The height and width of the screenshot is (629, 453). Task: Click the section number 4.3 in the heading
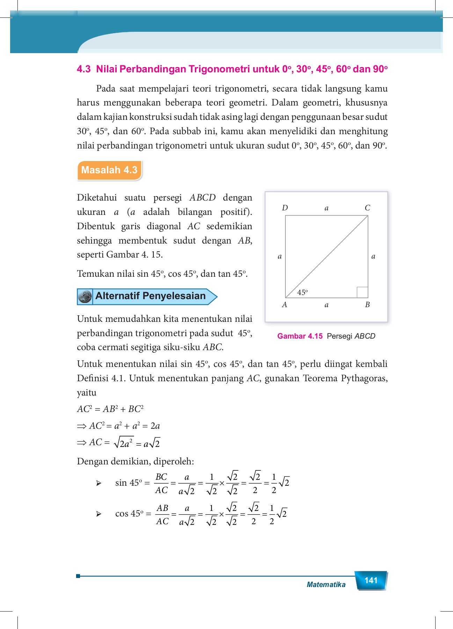coord(83,69)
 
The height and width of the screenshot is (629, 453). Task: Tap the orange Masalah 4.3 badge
coord(109,170)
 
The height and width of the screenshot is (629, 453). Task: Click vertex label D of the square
coord(285,208)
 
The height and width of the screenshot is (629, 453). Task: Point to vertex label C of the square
coord(367,208)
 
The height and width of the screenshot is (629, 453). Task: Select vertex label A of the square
coord(285,305)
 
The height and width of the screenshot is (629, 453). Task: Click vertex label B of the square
coord(367,305)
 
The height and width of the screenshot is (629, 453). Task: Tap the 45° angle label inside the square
coord(302,292)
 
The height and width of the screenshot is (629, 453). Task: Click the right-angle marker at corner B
coord(362,292)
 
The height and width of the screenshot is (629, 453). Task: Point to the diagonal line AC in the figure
coord(327,257)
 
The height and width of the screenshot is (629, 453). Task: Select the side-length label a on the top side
coord(327,208)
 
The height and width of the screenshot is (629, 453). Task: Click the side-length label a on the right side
coord(373,256)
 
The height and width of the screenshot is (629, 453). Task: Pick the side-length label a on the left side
coord(279,256)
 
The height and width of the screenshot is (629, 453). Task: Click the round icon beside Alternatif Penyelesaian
coord(85,297)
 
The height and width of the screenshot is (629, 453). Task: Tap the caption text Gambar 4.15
coord(300,336)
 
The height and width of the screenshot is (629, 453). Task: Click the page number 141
coord(371,580)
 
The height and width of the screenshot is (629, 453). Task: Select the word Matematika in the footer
coord(326,585)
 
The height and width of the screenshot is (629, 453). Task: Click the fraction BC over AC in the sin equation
coord(161,483)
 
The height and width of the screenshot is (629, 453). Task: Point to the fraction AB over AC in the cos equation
coord(162,514)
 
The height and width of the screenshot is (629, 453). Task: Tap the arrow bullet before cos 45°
coord(99,514)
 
